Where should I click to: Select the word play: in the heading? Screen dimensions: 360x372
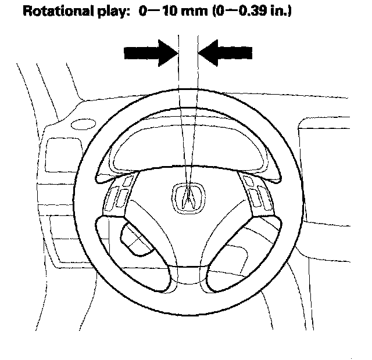(110, 12)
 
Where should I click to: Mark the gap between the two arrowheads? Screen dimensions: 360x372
(188, 53)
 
